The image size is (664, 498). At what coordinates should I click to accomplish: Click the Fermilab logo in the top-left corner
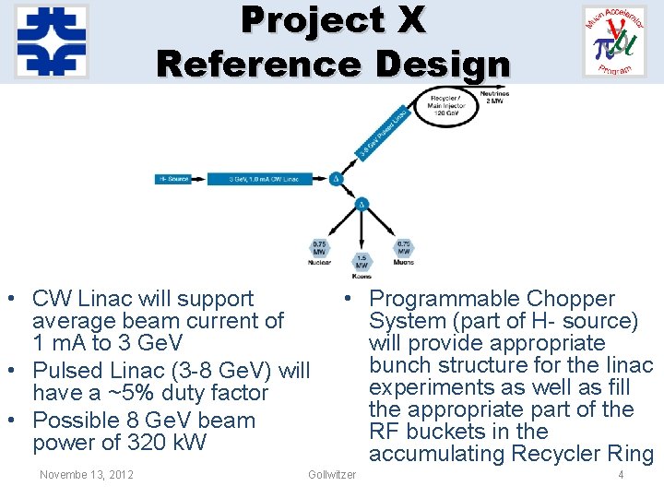[52, 41]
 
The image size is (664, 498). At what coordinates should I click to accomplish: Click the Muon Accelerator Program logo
[615, 42]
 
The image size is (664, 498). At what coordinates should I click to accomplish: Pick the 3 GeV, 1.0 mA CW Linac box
[262, 179]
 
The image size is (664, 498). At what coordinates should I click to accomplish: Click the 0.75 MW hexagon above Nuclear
[318, 249]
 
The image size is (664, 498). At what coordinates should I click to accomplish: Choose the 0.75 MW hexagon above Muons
[403, 249]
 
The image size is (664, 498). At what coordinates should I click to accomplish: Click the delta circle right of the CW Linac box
[337, 179]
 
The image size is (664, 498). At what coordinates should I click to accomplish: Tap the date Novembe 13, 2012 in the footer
[87, 475]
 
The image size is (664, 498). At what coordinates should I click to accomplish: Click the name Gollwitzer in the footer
[332, 475]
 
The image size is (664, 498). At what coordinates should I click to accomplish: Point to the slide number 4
[621, 475]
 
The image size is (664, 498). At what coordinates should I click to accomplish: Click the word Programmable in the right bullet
[445, 299]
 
